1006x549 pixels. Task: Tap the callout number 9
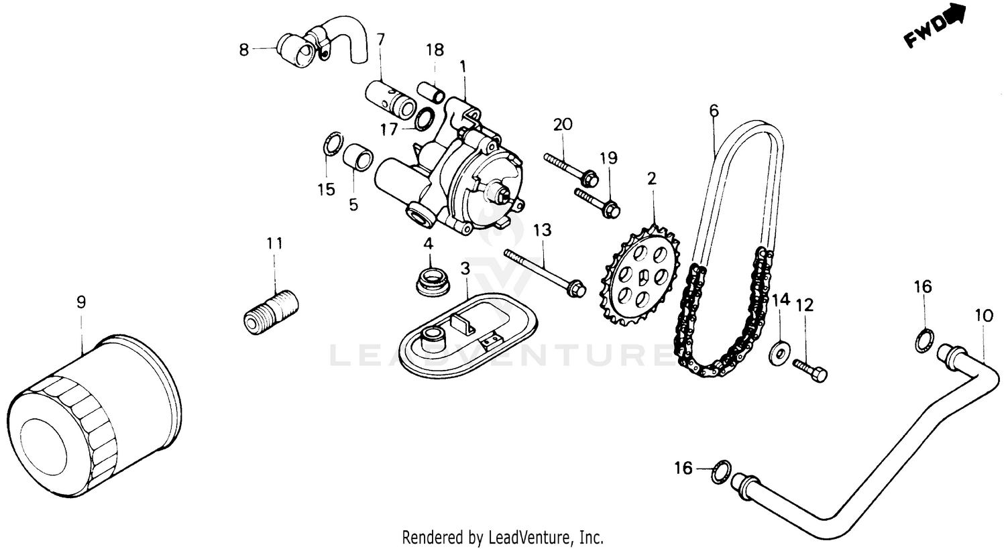(x=81, y=302)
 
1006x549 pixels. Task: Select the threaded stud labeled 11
(x=270, y=311)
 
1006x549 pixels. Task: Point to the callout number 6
(x=714, y=110)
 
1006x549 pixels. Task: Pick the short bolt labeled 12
(x=810, y=369)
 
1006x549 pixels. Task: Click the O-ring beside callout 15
(x=330, y=144)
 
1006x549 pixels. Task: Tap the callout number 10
(x=983, y=314)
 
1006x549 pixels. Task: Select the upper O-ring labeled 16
(x=924, y=340)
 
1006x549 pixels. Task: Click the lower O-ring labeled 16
(x=720, y=471)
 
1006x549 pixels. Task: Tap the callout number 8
(x=243, y=49)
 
